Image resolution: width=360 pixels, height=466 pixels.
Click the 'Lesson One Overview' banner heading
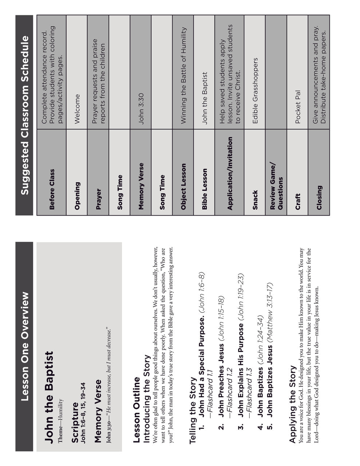point(24,346)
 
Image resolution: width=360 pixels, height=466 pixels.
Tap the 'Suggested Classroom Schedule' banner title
point(24,115)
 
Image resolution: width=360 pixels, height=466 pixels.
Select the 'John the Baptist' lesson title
point(49,397)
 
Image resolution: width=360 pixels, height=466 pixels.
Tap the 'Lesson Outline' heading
point(137,409)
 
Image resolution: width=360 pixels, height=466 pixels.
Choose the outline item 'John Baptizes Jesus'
point(270,386)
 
